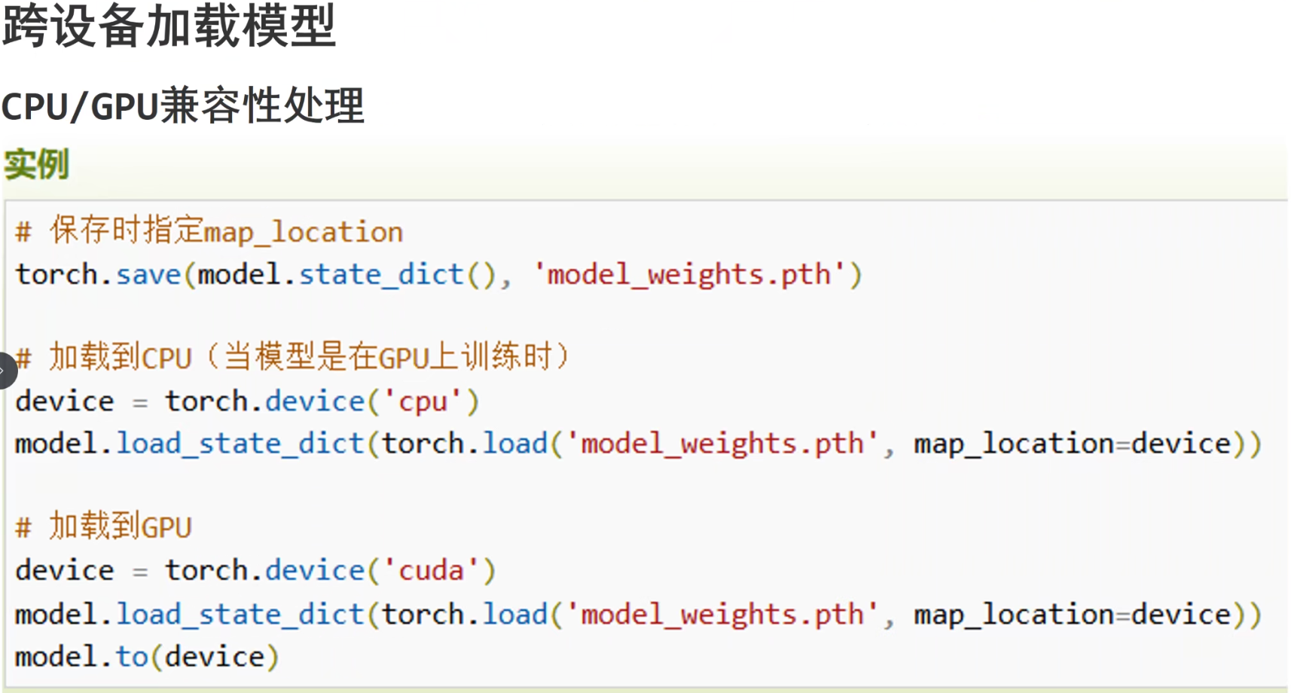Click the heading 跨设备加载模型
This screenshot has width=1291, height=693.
(x=169, y=26)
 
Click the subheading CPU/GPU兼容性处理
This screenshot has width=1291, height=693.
(x=183, y=105)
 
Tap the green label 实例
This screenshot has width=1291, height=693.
(x=36, y=164)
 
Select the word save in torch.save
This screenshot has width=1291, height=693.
(x=148, y=274)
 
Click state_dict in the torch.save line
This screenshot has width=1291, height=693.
(x=381, y=274)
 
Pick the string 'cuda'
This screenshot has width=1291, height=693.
(x=431, y=570)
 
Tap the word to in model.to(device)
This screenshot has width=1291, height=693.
(x=132, y=657)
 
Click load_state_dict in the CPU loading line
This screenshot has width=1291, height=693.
(x=240, y=444)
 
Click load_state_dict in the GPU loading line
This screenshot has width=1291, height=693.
(x=240, y=615)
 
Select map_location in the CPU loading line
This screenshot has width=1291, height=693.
(x=1014, y=444)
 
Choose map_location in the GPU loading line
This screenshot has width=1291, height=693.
(x=1014, y=615)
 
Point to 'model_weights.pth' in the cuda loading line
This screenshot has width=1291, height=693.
(x=722, y=615)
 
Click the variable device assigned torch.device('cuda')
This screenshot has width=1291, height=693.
(x=65, y=570)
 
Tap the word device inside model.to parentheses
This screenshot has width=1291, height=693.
(x=215, y=657)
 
